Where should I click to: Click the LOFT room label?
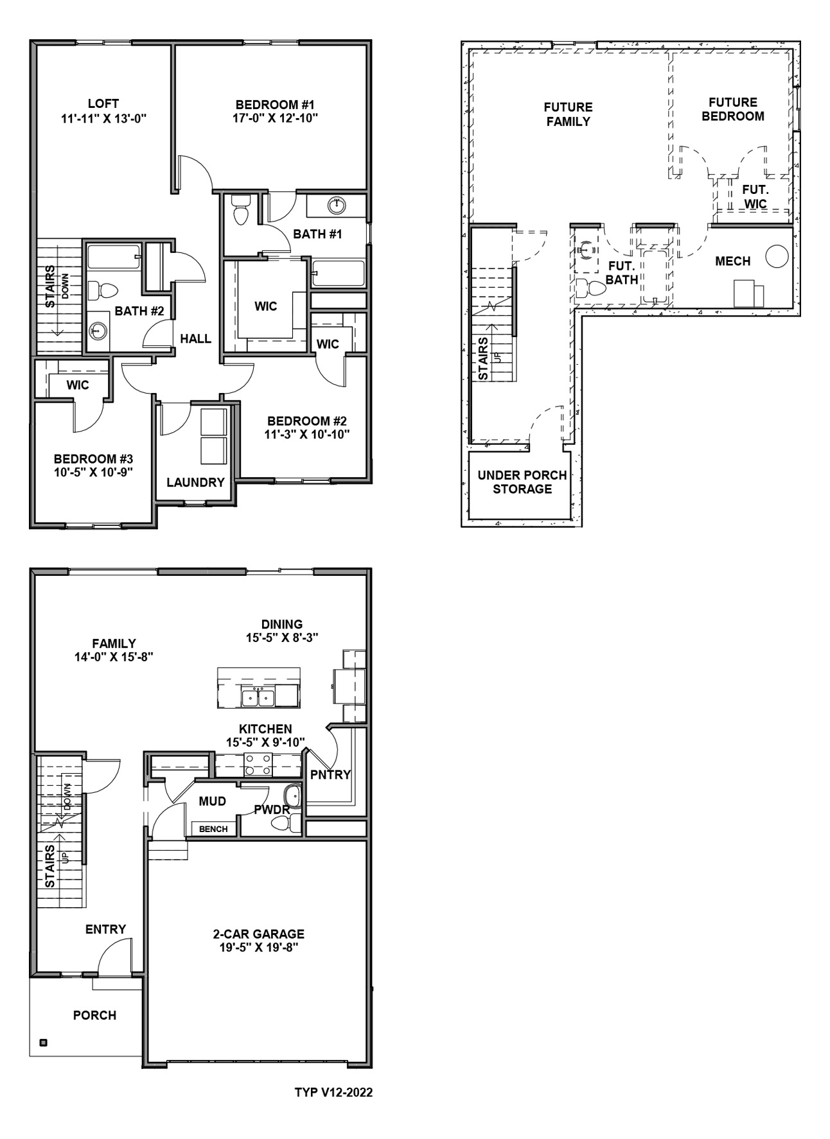(x=103, y=103)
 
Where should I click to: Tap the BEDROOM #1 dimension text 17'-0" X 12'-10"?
(x=275, y=118)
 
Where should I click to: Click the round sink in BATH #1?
(x=336, y=205)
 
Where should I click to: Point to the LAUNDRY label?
(x=195, y=482)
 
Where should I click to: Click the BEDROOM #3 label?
(x=93, y=459)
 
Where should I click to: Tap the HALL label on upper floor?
(x=195, y=339)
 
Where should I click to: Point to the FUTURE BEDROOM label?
(x=732, y=109)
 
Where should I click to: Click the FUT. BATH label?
(x=621, y=273)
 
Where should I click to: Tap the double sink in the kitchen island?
(x=258, y=697)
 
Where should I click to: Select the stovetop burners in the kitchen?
(x=258, y=765)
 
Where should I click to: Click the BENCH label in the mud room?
(x=213, y=829)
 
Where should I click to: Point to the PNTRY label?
(x=330, y=775)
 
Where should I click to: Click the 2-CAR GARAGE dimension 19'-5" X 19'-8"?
(x=258, y=948)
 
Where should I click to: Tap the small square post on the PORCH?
(x=43, y=1043)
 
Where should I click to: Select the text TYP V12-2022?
(x=333, y=1092)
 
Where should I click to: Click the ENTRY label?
(x=105, y=929)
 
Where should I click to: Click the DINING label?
(x=282, y=624)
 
